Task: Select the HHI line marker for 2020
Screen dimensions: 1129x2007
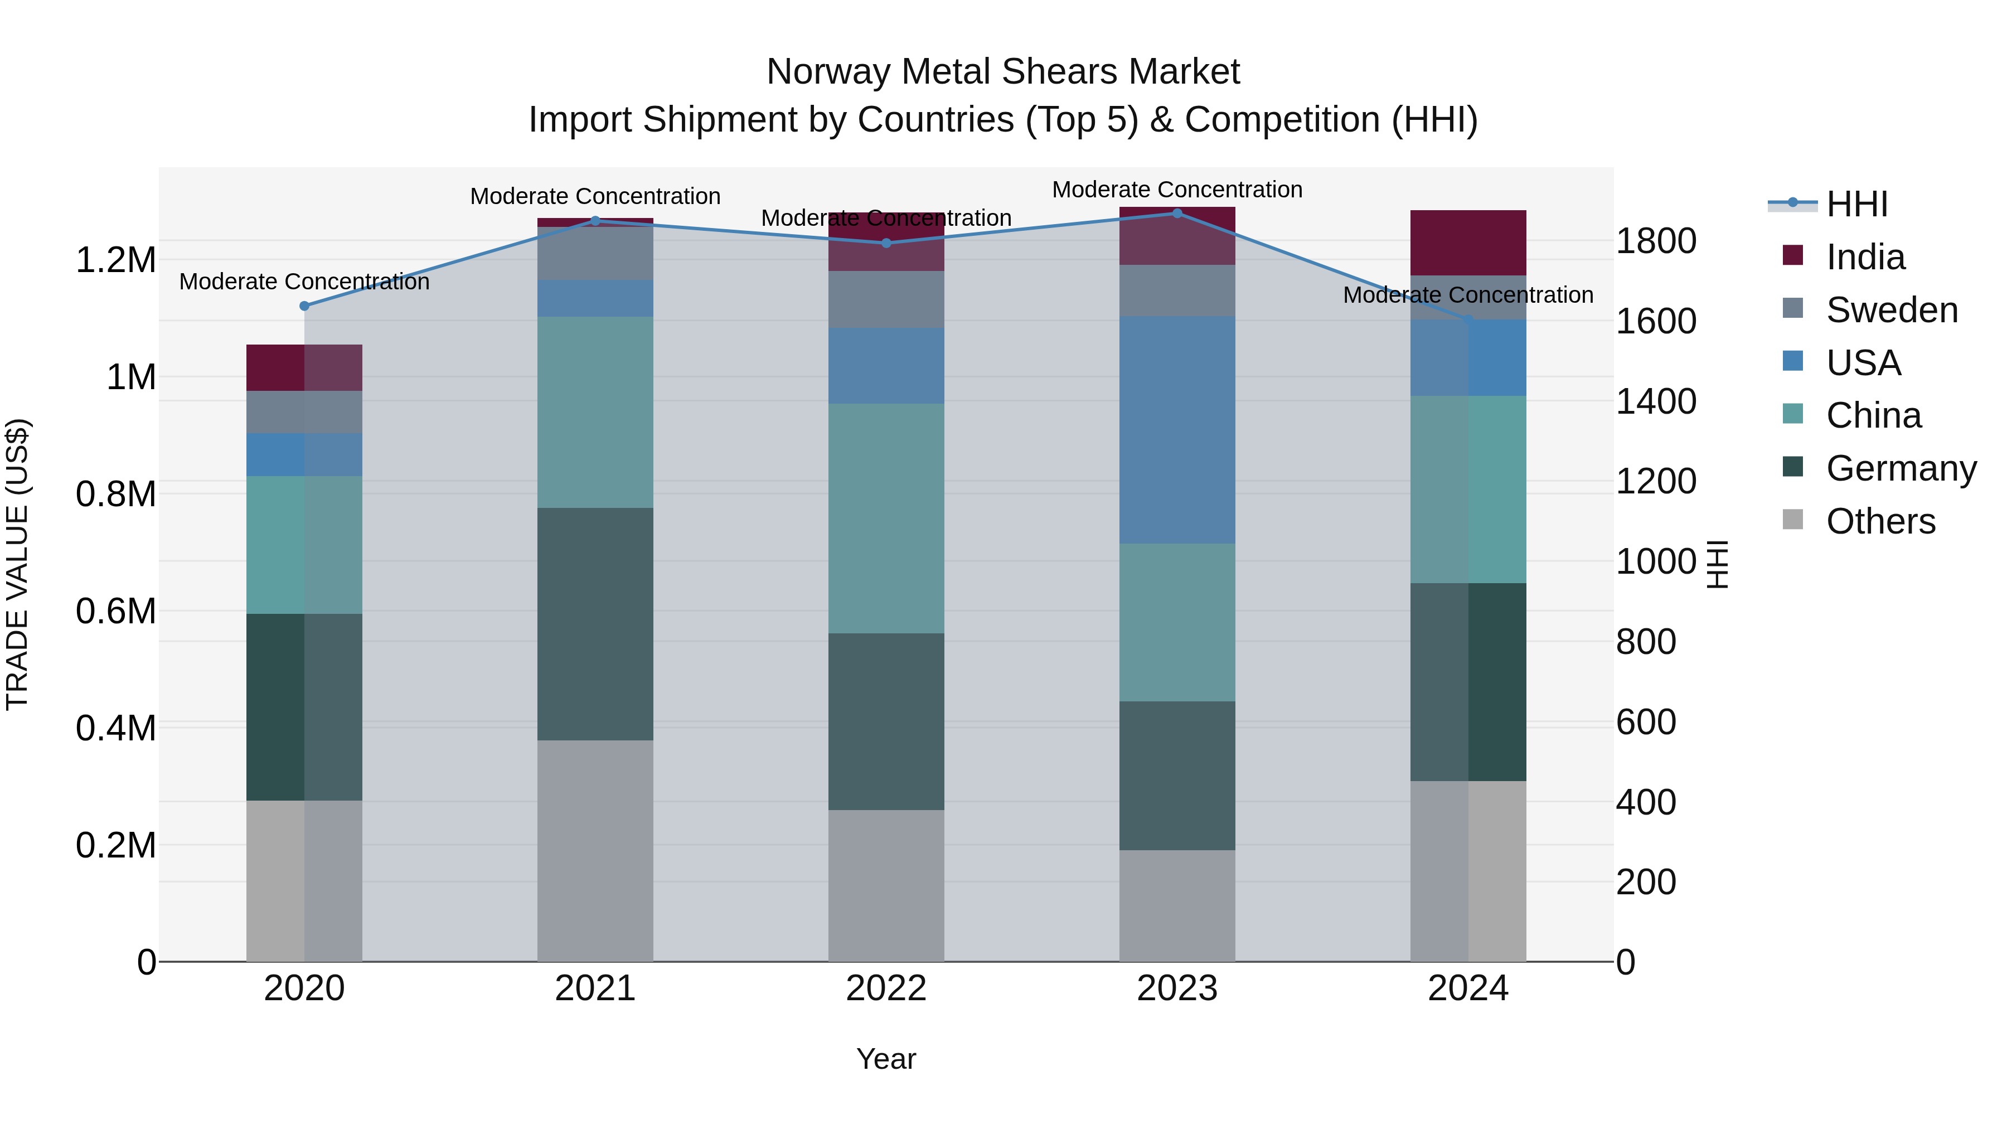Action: click(304, 306)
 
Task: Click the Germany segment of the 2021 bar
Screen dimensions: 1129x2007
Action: click(595, 623)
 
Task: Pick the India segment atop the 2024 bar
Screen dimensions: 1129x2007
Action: click(1468, 243)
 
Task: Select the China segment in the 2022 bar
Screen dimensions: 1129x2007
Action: click(886, 518)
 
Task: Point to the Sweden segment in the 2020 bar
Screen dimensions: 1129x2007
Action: click(304, 412)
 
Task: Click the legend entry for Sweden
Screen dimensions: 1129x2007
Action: click(1891, 310)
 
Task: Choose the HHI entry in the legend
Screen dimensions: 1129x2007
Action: click(1856, 204)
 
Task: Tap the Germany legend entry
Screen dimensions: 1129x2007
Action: click(1901, 468)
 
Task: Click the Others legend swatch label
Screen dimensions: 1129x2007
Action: click(1880, 521)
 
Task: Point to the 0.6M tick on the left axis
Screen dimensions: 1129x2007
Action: click(115, 612)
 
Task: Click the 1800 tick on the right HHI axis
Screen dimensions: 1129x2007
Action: click(1656, 241)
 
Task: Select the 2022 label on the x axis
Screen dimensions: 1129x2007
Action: click(886, 989)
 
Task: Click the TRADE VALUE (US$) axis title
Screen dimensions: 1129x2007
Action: click(18, 564)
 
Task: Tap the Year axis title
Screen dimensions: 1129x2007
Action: click(886, 1059)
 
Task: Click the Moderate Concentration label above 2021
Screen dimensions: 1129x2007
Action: click(595, 196)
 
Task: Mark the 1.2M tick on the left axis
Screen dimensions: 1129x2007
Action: click(115, 260)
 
